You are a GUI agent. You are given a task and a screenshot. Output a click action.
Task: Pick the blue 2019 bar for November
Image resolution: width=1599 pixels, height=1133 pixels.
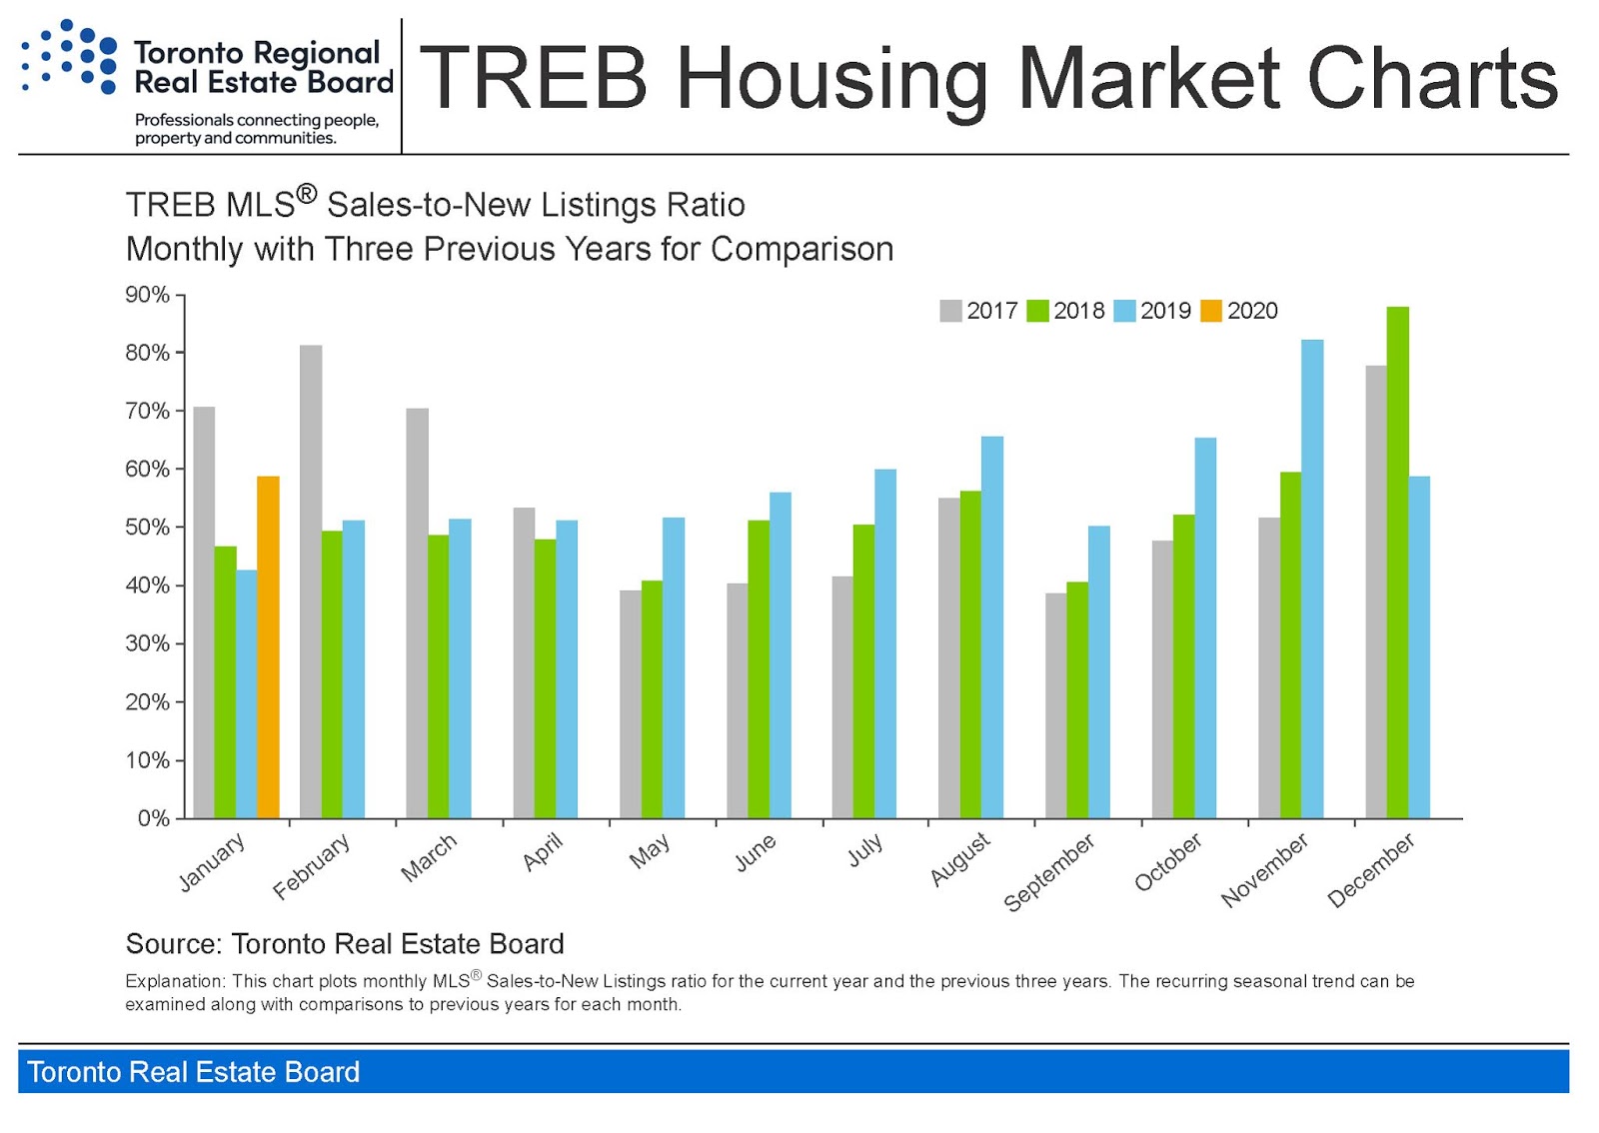[1311, 579]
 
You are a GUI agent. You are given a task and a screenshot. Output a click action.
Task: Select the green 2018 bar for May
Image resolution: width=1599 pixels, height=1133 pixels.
[652, 699]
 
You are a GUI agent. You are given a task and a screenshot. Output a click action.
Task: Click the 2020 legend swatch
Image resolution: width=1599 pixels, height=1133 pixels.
[1210, 311]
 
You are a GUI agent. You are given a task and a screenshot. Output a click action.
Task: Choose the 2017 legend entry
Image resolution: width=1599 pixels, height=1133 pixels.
[979, 311]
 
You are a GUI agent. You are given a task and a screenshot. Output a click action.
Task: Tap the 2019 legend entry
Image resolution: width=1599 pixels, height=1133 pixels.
[1153, 311]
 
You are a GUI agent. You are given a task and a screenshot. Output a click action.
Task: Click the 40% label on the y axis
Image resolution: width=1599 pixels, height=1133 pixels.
[147, 585]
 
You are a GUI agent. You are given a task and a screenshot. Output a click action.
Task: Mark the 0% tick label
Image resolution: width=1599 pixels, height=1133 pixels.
[153, 818]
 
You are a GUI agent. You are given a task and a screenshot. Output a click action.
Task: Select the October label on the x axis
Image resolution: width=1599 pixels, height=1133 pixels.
[1167, 862]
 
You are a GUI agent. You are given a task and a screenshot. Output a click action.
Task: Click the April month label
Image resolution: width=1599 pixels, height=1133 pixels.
[543, 852]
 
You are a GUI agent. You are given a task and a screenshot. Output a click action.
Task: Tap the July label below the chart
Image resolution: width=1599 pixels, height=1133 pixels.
[864, 850]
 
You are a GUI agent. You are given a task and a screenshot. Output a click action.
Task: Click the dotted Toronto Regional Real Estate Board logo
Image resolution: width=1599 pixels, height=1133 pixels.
[68, 57]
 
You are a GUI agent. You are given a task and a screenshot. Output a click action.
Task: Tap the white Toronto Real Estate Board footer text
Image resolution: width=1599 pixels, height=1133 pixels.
[193, 1072]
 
